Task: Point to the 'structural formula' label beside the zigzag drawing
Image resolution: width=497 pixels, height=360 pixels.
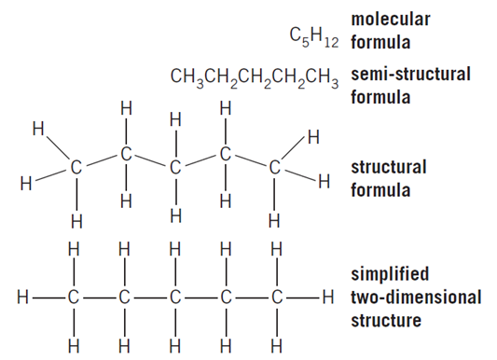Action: pyautogui.click(x=389, y=178)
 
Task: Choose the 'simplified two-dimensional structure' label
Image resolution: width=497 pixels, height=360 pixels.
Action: pyautogui.click(x=416, y=298)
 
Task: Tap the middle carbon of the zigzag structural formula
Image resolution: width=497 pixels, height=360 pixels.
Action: pyautogui.click(x=174, y=169)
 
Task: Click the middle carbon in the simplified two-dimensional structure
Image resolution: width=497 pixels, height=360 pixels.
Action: pyautogui.click(x=174, y=299)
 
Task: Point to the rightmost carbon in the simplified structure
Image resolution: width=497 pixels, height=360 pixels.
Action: pyautogui.click(x=274, y=299)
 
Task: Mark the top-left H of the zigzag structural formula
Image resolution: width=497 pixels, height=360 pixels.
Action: pyautogui.click(x=37, y=126)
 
